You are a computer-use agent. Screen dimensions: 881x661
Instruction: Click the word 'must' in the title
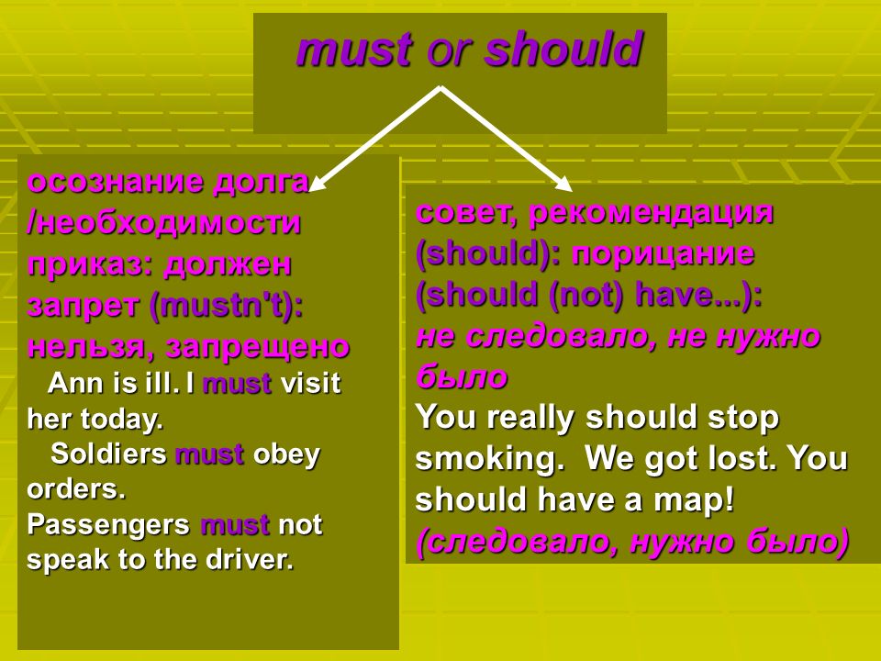click(354, 50)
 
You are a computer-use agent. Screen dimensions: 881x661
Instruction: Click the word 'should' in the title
click(563, 49)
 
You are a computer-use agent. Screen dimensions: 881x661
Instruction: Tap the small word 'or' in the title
click(448, 52)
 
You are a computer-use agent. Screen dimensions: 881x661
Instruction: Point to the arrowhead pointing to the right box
click(563, 184)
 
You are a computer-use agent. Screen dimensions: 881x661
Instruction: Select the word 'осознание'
click(116, 182)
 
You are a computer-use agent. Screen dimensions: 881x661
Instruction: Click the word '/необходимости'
click(163, 222)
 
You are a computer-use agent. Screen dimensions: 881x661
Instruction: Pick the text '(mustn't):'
click(226, 307)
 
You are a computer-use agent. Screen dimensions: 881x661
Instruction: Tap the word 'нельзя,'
click(92, 348)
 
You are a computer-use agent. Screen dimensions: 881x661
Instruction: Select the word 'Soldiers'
click(108, 454)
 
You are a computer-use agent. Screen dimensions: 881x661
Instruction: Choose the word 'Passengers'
click(108, 525)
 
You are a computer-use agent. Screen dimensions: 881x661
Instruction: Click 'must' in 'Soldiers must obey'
click(209, 454)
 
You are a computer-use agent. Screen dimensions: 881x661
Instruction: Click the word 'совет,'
click(466, 212)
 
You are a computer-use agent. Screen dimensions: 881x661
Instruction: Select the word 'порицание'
click(663, 254)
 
